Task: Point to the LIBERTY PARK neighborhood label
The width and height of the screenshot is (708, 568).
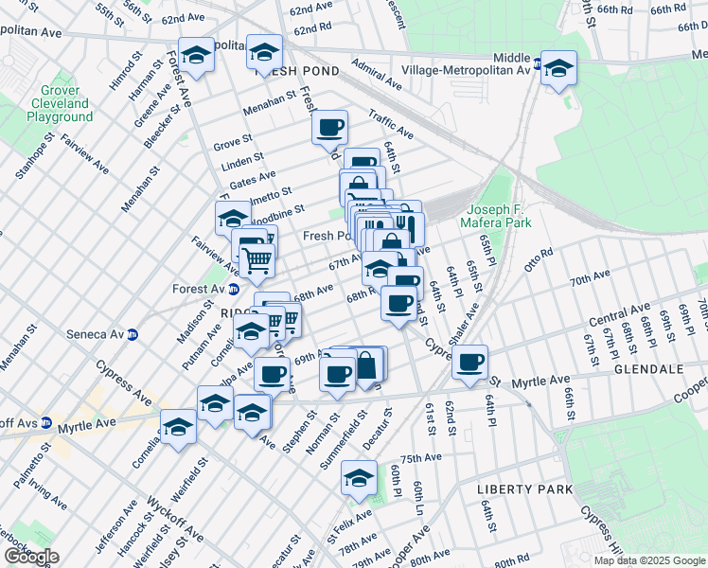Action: point(524,489)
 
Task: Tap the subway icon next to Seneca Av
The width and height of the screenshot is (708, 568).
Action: point(133,334)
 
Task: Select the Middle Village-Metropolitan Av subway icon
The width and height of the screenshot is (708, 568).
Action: point(537,64)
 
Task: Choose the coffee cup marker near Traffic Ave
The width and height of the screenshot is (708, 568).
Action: point(329,127)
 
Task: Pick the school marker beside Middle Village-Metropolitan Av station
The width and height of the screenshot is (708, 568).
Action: point(559,68)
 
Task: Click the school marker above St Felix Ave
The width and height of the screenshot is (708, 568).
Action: point(358,478)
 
